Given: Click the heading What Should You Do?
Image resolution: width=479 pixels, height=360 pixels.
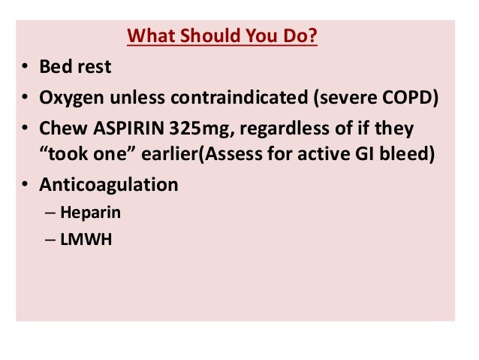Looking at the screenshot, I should coord(222,37).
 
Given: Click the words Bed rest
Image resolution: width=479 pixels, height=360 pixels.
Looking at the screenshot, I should coord(75,67).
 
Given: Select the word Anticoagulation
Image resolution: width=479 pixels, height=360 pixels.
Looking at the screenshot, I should coord(109,185).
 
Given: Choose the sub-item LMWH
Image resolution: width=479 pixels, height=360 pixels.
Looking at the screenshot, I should coord(83,241).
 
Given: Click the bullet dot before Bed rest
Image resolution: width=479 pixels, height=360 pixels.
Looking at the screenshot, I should coord(25,68).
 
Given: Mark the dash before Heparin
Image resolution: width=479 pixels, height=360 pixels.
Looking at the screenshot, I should coord(50,213).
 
